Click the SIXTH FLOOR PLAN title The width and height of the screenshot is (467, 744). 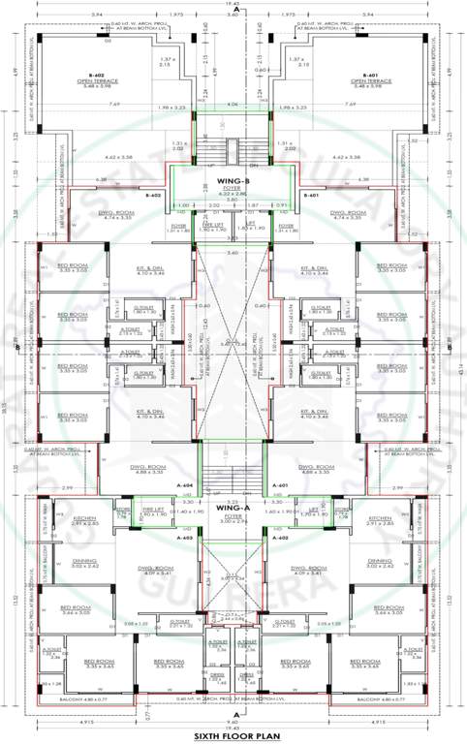(233, 736)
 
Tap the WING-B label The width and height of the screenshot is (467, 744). (233, 181)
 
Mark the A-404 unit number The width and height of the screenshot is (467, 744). (186, 484)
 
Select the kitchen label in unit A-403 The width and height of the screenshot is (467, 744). (84, 520)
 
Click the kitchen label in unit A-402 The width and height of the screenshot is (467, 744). (380, 520)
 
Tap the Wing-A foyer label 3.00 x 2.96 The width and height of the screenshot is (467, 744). (233, 518)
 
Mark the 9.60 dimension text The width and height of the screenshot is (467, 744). (233, 722)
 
